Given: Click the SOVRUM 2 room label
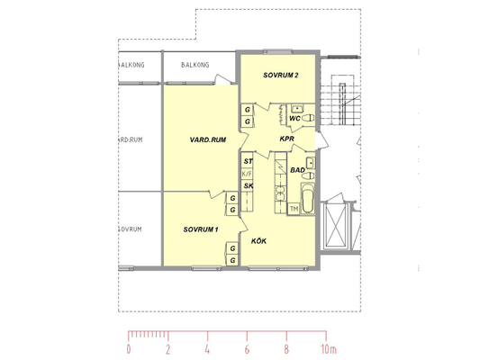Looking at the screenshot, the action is (280, 76).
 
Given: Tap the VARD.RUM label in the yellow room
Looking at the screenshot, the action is (208, 139).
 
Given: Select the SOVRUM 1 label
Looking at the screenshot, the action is (201, 229).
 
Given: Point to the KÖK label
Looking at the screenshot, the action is (258, 241).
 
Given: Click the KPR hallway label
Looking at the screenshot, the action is (287, 139).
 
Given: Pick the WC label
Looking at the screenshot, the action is (294, 119).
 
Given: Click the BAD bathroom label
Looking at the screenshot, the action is (297, 170).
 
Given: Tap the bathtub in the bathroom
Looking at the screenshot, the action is (308, 198).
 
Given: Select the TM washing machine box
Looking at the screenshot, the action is (294, 209).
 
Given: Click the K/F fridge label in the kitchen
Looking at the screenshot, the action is (247, 174).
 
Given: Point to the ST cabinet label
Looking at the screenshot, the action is (248, 161).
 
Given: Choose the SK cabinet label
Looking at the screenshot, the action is (249, 185).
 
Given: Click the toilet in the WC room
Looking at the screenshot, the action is (308, 118).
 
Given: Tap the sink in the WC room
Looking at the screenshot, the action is (297, 108).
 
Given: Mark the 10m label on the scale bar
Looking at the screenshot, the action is (329, 349).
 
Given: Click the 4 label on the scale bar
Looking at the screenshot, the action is (207, 349).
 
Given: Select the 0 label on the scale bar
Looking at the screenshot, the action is (129, 349).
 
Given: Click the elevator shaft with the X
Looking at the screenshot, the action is (336, 225).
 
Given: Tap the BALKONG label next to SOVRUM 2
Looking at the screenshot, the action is (195, 65).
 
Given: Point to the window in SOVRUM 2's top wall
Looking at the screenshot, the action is (277, 51).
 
